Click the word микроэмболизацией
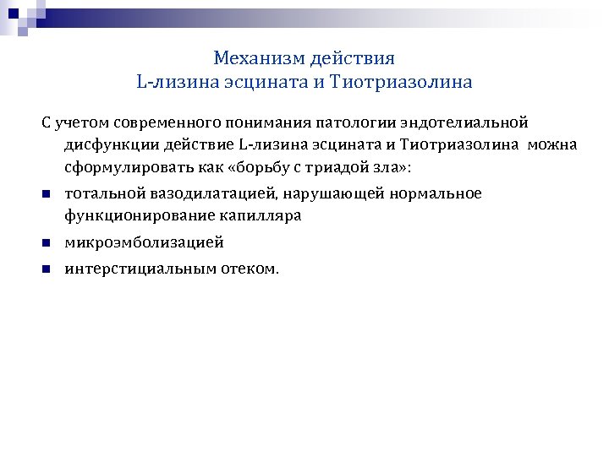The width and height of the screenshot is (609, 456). tap(145, 243)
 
